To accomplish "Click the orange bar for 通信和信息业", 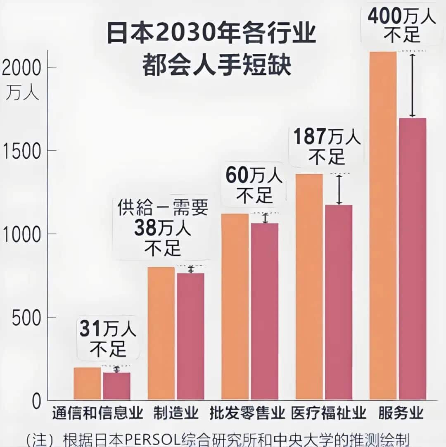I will click(x=87, y=383).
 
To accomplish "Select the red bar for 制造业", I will click(x=190, y=336).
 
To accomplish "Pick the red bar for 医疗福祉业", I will click(x=338, y=302).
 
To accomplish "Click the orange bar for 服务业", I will click(x=383, y=226).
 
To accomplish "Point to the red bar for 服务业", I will click(x=412, y=259).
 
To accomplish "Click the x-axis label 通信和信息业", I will click(x=97, y=413).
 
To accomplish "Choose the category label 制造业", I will click(x=176, y=413).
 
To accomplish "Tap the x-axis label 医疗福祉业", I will click(x=329, y=413).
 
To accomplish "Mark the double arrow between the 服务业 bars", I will click(x=412, y=85).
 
